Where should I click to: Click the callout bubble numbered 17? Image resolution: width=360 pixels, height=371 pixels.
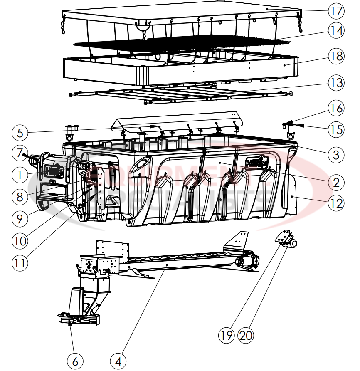[x=336, y=10]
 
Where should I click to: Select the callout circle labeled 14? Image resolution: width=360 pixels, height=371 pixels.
[x=336, y=30]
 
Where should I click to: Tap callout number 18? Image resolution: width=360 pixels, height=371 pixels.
[x=336, y=56]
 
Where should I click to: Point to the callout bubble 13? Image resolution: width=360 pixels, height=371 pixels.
[x=336, y=83]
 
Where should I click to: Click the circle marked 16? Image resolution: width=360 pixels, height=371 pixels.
[x=336, y=109]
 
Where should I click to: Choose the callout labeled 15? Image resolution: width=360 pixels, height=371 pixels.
[x=336, y=129]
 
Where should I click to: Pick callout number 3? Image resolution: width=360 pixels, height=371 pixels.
[x=336, y=155]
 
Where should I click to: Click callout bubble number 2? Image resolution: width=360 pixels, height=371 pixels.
[x=336, y=182]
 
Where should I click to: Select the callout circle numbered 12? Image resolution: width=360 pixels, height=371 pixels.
[x=336, y=203]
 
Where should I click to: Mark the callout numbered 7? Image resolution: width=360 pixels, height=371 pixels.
[x=20, y=153]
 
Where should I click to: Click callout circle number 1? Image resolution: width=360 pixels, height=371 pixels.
[x=20, y=175]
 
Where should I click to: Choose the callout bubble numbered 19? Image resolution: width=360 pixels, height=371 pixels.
[x=227, y=335]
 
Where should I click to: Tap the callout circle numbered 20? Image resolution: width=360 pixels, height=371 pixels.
[x=246, y=335]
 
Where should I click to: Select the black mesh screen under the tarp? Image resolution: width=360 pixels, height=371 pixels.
[x=179, y=42]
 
